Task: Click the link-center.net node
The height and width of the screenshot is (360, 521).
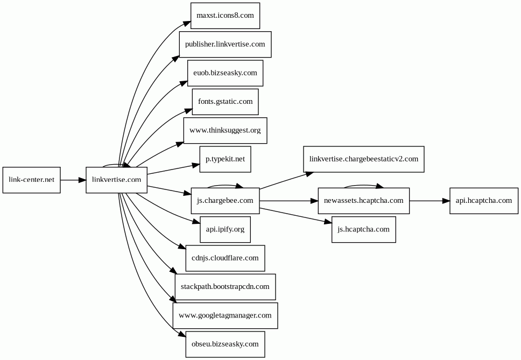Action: click(x=32, y=180)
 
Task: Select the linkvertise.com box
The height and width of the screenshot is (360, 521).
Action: click(x=116, y=180)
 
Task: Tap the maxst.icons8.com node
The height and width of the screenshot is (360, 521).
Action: click(x=226, y=16)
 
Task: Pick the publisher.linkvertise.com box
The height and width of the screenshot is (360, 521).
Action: click(x=226, y=45)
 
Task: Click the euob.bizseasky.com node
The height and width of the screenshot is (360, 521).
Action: click(x=226, y=73)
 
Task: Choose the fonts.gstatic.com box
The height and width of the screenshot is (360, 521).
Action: click(x=226, y=102)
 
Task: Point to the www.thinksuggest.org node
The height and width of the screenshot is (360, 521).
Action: click(x=226, y=131)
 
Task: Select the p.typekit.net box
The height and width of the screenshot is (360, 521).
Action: click(x=226, y=159)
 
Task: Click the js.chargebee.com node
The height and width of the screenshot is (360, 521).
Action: click(x=226, y=201)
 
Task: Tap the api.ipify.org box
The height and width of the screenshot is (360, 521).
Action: click(x=226, y=229)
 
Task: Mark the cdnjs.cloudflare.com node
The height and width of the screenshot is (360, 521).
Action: click(x=226, y=258)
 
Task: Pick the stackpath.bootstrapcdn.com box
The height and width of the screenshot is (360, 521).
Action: click(x=226, y=287)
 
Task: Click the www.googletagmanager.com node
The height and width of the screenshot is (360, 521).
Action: click(x=226, y=315)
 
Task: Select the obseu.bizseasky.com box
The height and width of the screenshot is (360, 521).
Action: click(x=226, y=344)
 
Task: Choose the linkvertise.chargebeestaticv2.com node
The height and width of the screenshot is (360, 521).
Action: click(x=364, y=159)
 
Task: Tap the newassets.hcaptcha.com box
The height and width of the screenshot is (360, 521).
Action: click(x=364, y=201)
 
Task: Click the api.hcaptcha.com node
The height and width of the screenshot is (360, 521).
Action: click(x=484, y=201)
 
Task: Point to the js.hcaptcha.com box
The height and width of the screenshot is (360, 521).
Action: click(x=364, y=229)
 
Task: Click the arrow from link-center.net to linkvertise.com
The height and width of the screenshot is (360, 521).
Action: click(x=73, y=180)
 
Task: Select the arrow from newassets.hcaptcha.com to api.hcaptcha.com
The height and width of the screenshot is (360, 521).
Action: click(x=430, y=201)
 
